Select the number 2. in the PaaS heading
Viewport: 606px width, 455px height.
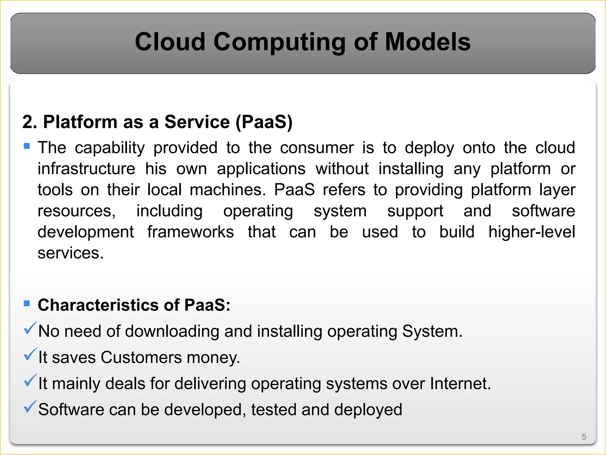click(30, 122)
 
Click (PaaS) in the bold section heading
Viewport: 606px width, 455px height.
click(264, 122)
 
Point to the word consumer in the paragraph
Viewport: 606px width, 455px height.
click(317, 148)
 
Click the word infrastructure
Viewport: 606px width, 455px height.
click(86, 169)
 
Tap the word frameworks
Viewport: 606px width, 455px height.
click(191, 232)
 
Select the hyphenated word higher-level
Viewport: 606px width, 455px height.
click(531, 232)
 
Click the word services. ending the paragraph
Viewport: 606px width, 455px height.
click(70, 253)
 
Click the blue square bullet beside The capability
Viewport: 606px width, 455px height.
click(27, 146)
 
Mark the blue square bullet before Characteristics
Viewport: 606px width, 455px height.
click(27, 303)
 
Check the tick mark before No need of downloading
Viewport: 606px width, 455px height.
click(30, 328)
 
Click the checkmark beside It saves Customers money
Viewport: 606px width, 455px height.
click(30, 354)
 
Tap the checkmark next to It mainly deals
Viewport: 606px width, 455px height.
click(30, 380)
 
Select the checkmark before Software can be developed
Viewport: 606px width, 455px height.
click(30, 406)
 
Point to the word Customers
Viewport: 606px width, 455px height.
click(141, 357)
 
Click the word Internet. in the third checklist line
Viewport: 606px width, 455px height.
click(460, 383)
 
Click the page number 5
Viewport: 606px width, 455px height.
click(584, 437)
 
